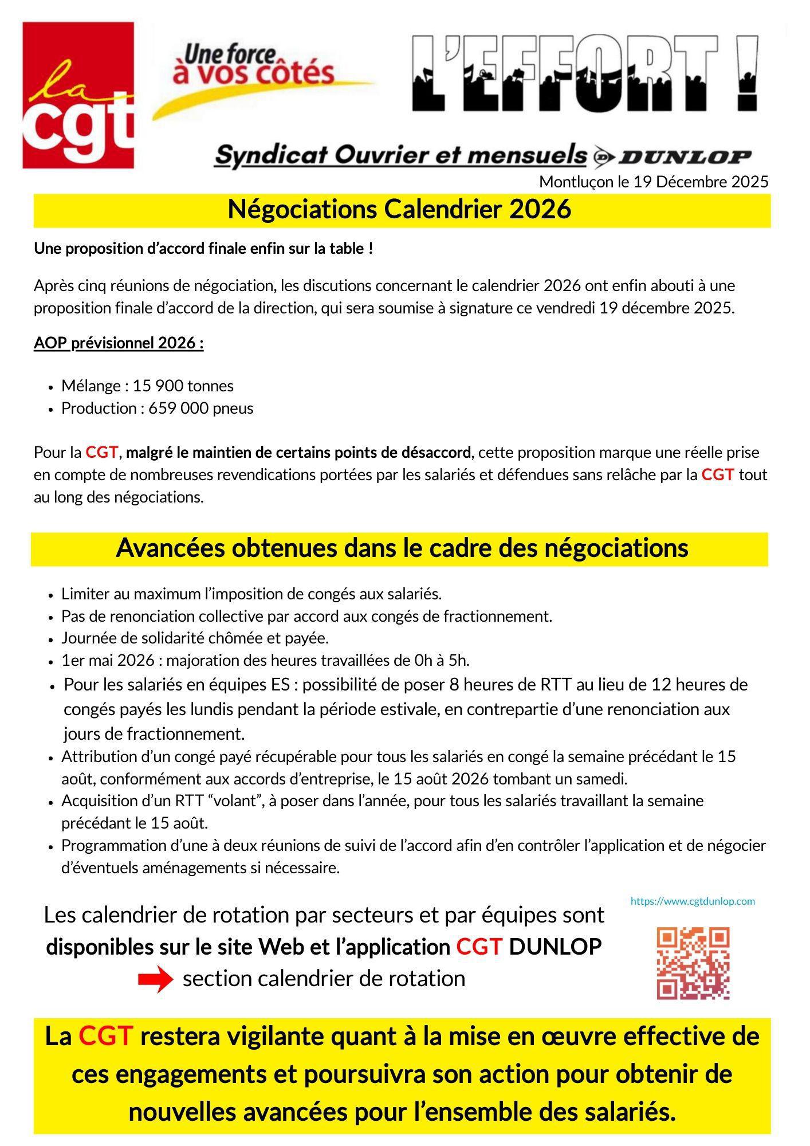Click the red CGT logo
(78, 95)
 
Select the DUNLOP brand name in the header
(685, 156)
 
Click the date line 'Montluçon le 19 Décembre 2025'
(653, 182)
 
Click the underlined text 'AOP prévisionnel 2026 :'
(119, 343)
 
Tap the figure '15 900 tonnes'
(183, 386)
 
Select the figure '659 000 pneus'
(200, 409)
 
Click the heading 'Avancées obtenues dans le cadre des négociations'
(402, 548)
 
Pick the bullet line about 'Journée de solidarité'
(195, 638)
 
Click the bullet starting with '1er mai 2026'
(265, 661)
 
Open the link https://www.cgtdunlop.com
(693, 901)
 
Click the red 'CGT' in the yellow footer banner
(105, 1036)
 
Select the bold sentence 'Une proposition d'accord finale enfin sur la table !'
(203, 249)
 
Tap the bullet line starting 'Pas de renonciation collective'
(306, 617)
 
